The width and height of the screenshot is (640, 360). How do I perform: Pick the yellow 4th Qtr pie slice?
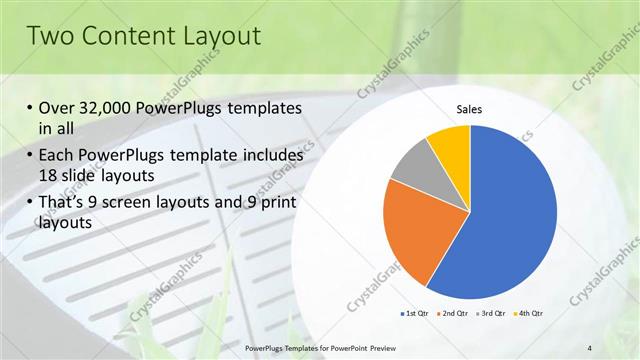click(x=451, y=145)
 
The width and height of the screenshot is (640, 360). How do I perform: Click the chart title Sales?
click(x=470, y=109)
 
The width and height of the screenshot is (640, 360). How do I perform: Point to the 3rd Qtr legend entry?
click(x=493, y=314)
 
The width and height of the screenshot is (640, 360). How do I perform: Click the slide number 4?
click(x=590, y=347)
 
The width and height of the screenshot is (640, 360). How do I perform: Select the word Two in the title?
click(x=51, y=36)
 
